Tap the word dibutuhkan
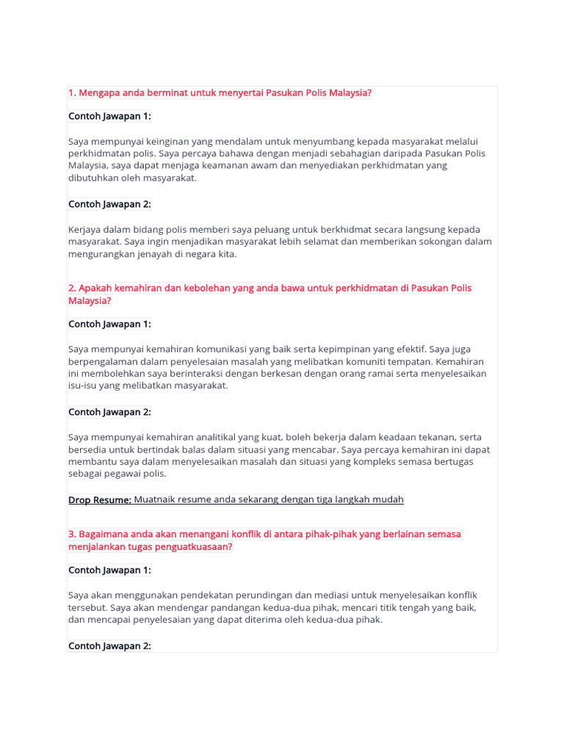tap(95, 177)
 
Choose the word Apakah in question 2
tap(94, 288)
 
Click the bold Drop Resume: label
tap(100, 499)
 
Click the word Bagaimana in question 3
tap(104, 534)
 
